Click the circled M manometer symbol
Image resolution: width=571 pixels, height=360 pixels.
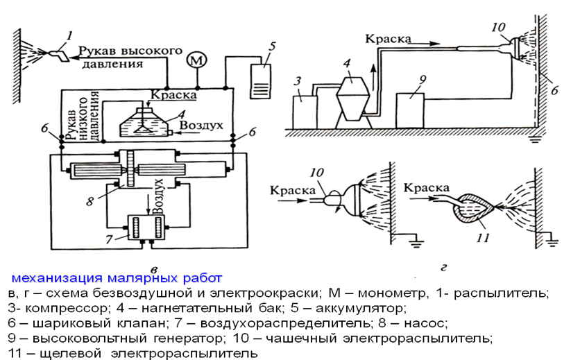point(196,61)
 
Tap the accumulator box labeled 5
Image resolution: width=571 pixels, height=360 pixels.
point(260,81)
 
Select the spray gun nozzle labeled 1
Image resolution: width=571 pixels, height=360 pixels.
point(59,55)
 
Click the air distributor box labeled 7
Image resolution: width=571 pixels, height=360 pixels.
point(146,227)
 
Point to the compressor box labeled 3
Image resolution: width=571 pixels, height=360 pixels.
point(305,112)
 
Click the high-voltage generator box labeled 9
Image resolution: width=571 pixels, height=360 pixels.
point(410,111)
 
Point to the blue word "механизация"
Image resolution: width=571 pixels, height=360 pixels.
point(58,278)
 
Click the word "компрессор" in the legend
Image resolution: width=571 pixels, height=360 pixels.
point(65,309)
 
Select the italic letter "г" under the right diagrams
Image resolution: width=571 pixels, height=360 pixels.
point(444,268)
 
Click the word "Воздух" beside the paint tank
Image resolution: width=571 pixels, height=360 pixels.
point(201,126)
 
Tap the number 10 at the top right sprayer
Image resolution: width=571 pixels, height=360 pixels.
point(499,27)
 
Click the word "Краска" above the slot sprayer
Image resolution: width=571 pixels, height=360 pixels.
point(427,188)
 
